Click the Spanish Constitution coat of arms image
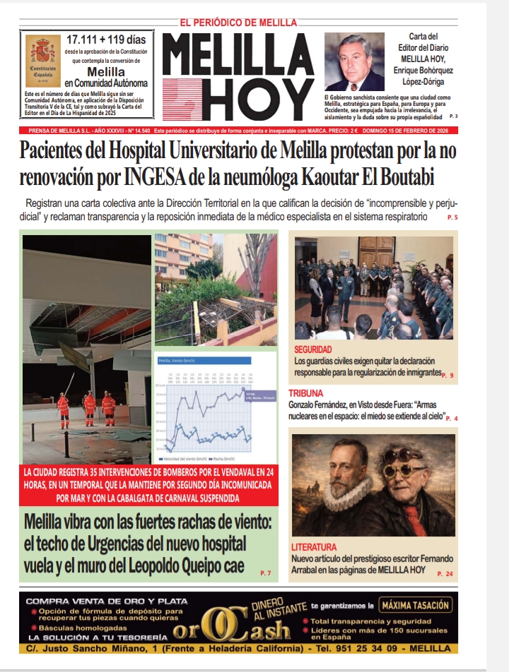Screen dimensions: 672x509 point(42,61)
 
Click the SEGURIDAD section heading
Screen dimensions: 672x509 point(313,350)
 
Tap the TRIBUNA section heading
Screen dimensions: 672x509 point(305,393)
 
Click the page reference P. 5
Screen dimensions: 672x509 point(452,218)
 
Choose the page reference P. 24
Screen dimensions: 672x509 point(444,574)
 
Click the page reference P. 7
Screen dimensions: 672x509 point(265,572)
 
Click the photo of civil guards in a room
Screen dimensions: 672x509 point(373,287)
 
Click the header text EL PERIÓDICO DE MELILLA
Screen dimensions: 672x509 point(238,23)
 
